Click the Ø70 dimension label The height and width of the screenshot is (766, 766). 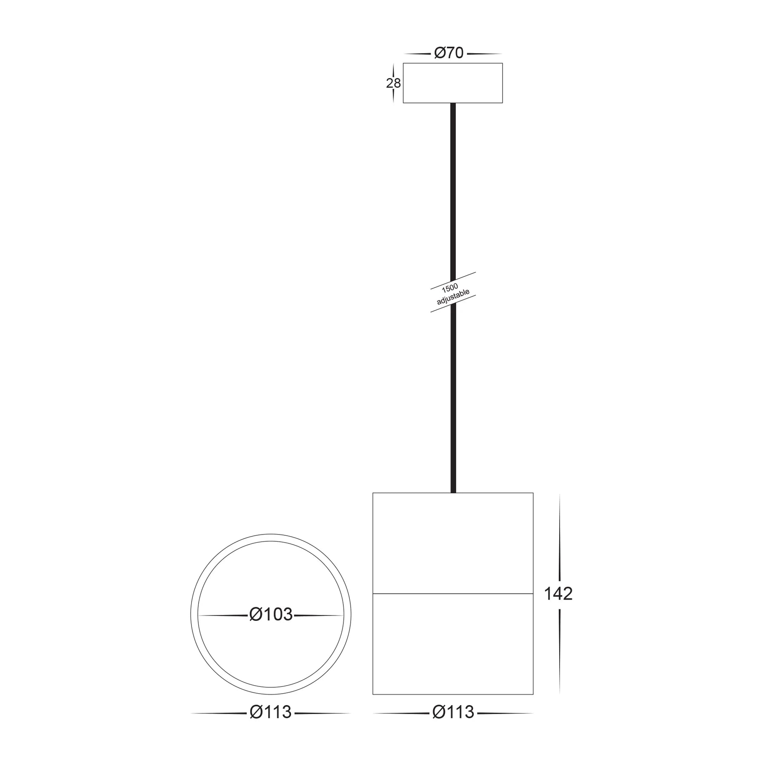pos(449,53)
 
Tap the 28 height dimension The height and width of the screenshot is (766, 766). pos(393,83)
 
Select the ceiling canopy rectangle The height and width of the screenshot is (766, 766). pos(452,83)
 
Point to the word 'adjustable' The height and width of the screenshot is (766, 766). pos(453,297)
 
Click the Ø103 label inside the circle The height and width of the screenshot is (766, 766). pos(271,615)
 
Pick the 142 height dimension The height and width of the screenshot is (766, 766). pos(558,594)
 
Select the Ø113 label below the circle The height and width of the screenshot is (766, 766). pos(270,712)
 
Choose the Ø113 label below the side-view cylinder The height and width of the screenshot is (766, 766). pos(453,712)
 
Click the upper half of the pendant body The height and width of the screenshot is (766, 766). pos(452,543)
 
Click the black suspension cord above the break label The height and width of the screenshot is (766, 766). pos(453,191)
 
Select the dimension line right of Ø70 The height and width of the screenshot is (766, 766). pos(484,54)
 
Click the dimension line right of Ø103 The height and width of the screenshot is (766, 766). pos(318,615)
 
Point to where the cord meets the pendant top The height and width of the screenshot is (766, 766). pos(453,492)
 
